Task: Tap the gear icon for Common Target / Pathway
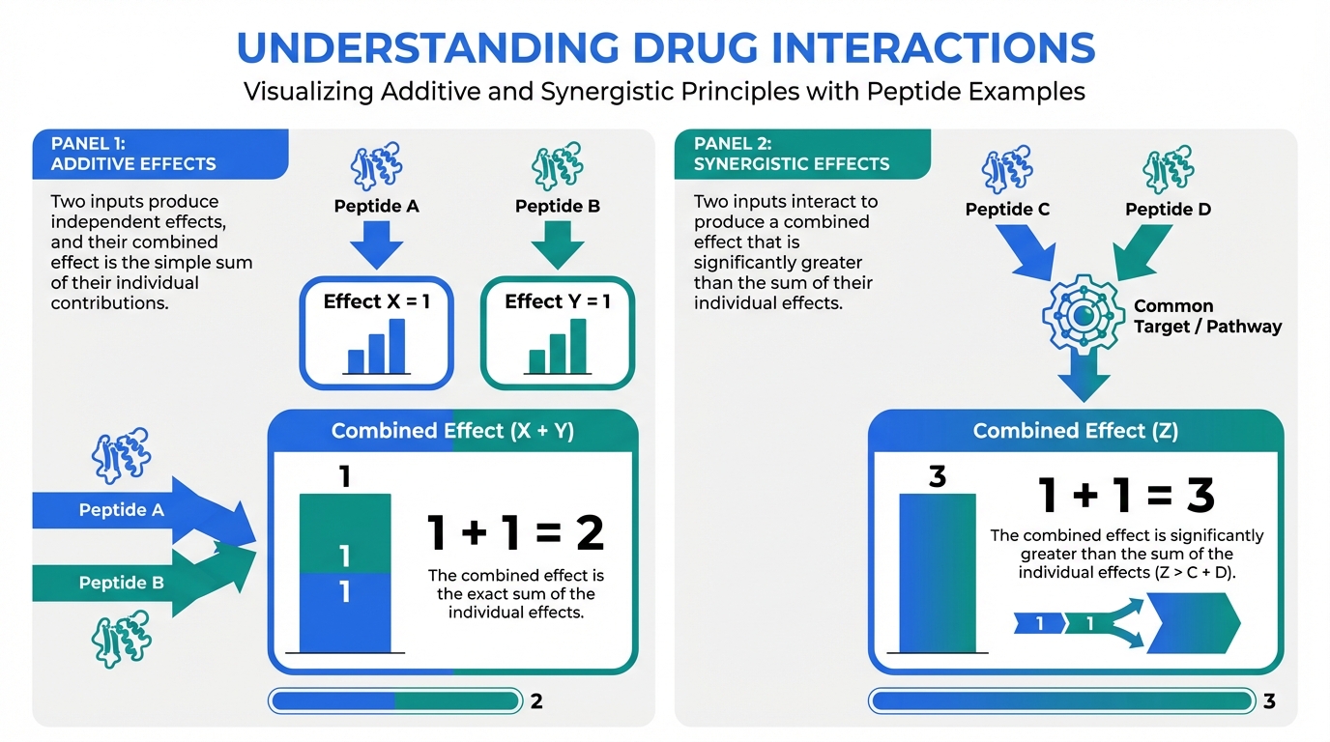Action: pos(1083,315)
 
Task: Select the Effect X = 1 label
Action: pos(376,301)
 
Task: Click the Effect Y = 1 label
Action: pos(558,301)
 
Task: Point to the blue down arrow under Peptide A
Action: pos(376,244)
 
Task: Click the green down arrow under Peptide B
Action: pos(558,244)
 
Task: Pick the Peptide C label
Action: pos(1007,209)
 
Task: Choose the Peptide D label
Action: pos(1168,209)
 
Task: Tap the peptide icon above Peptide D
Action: pos(1168,169)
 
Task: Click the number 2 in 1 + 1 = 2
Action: pos(591,533)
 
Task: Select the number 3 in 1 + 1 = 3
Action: pos(1200,495)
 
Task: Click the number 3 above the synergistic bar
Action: pos(937,476)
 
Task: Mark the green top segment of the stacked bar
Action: pos(345,533)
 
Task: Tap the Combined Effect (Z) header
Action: pos(1075,430)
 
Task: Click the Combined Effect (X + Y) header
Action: pos(452,430)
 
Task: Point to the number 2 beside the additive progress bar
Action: pos(536,701)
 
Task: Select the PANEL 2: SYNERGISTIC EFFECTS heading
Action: pos(792,154)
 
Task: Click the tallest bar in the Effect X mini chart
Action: pos(396,346)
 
